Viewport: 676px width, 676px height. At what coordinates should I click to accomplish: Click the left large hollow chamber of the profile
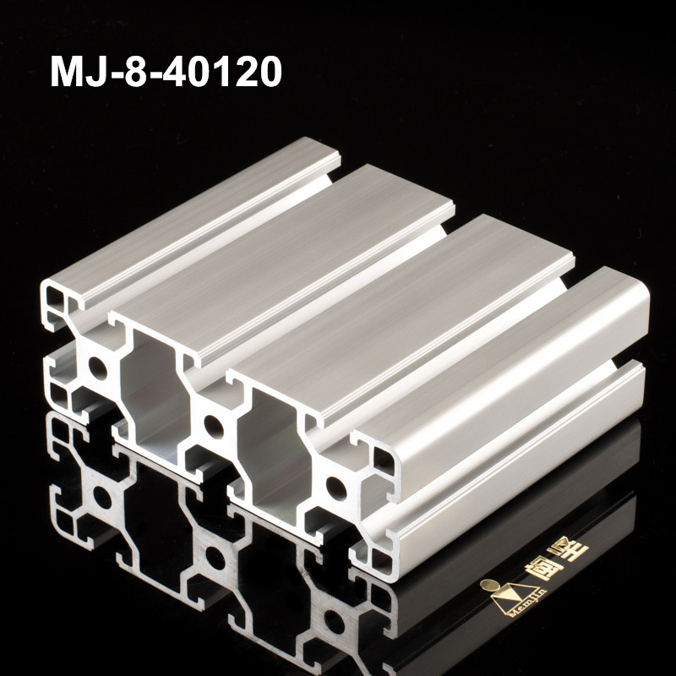pyautogui.click(x=150, y=384)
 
